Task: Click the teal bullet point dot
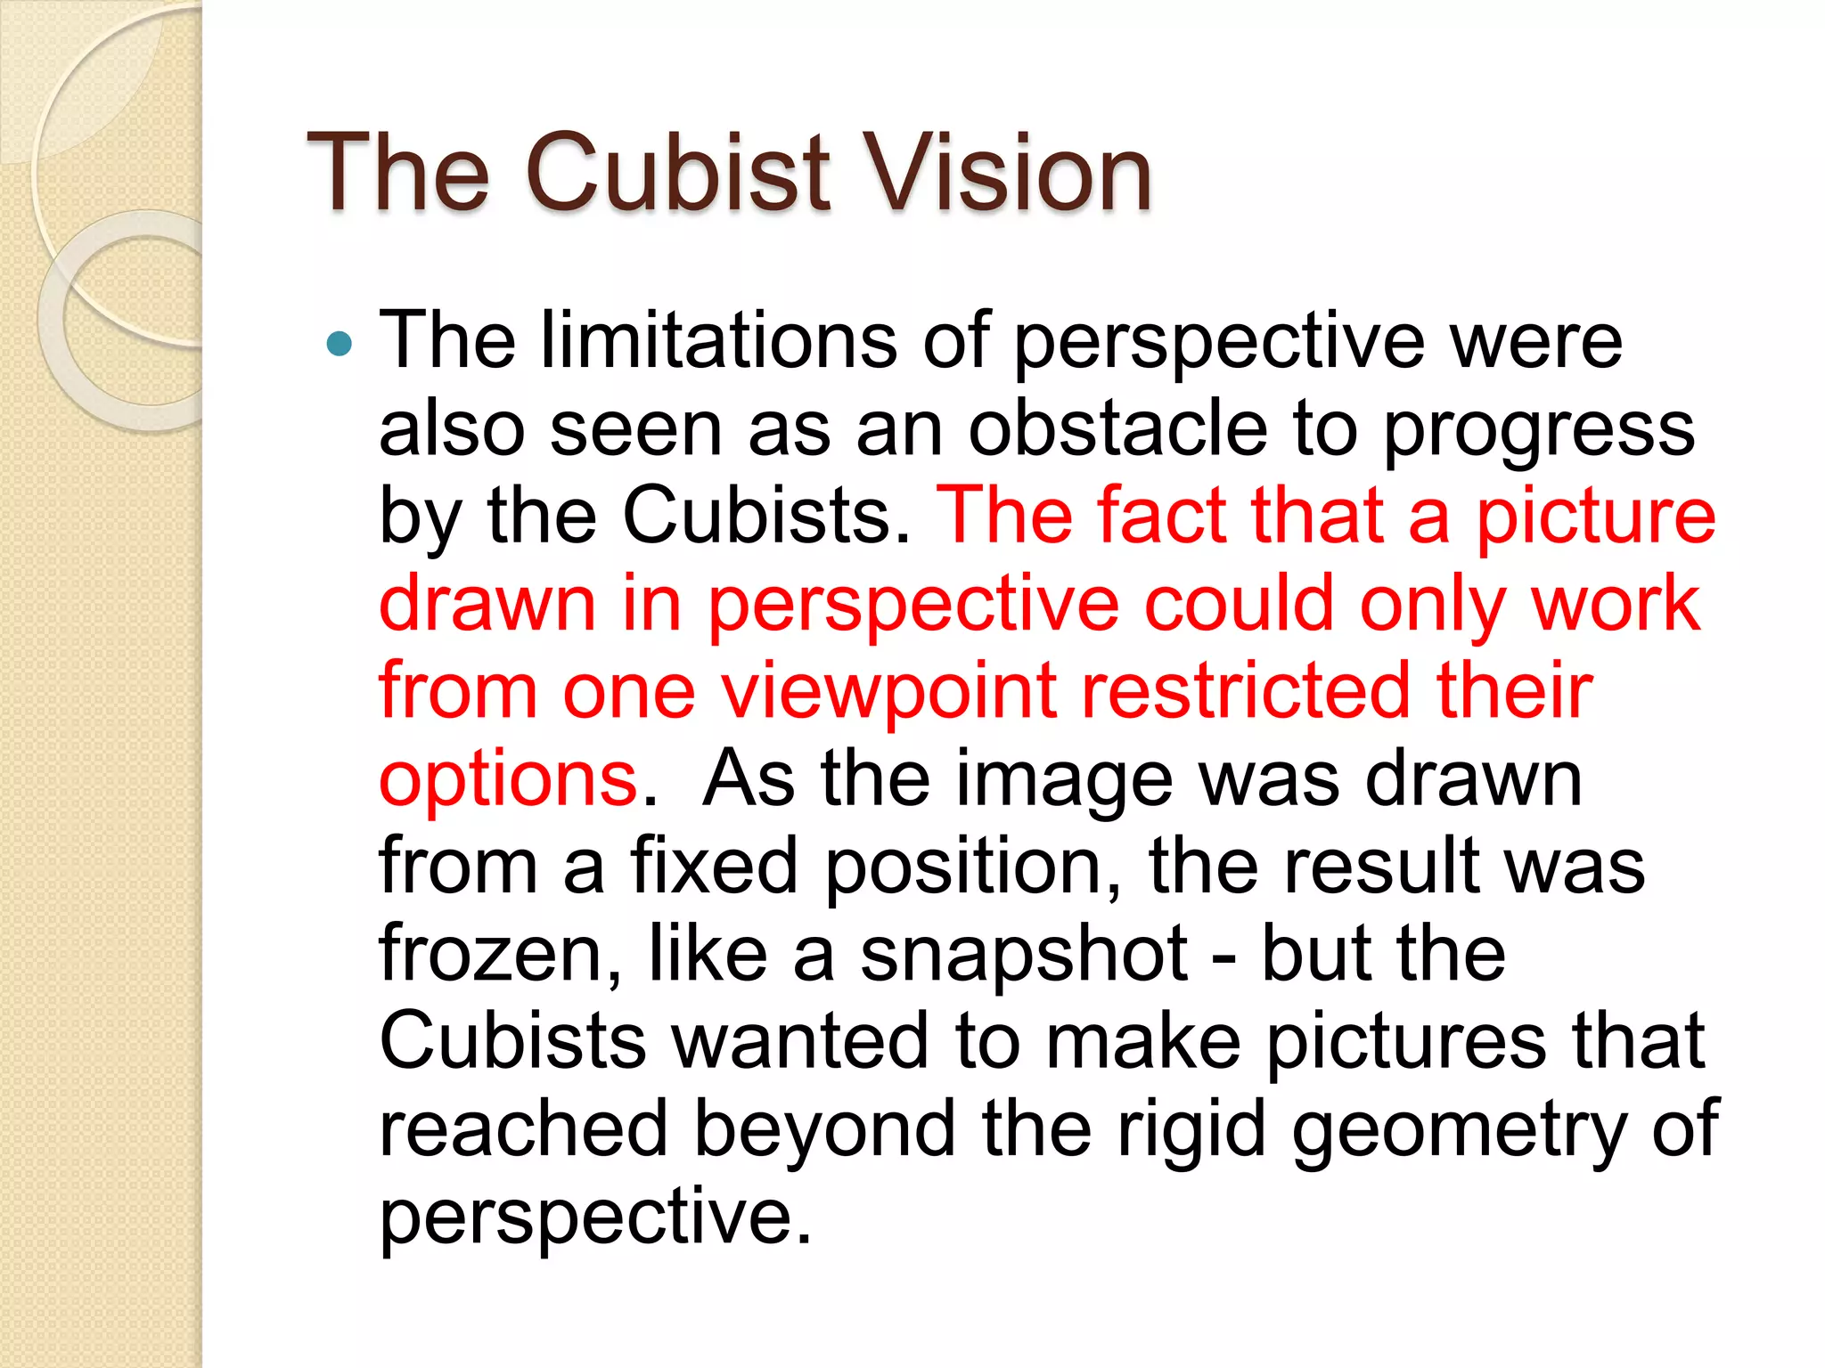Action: tap(340, 343)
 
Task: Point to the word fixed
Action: tap(715, 866)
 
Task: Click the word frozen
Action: tap(500, 954)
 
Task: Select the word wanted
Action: tap(800, 1041)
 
